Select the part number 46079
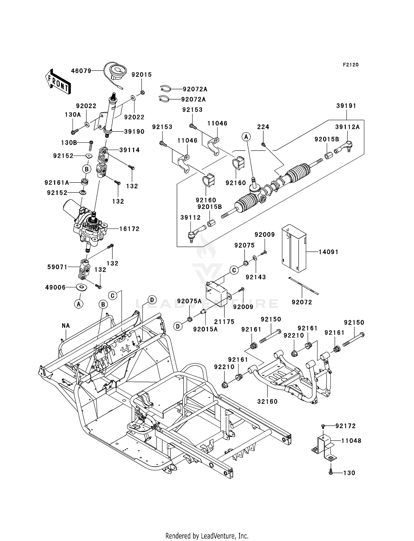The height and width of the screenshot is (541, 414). point(81,71)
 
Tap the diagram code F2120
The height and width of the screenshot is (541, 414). point(351,65)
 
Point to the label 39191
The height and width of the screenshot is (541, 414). point(346,106)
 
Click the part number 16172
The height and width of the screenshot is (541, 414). point(129,229)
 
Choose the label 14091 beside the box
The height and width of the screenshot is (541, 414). point(328,252)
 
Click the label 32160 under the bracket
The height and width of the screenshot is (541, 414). point(267,401)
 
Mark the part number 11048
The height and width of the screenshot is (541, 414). point(351,441)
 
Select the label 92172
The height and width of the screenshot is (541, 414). point(346,426)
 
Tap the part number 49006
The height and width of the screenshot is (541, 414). point(55,287)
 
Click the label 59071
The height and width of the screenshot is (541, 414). point(57,267)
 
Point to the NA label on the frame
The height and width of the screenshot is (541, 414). point(66,326)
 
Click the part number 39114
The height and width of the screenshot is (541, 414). point(129,150)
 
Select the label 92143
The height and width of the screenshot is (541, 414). point(256,277)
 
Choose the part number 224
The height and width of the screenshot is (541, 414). point(263,127)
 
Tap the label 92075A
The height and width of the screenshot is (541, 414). point(189,301)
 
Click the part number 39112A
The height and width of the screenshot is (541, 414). point(347,127)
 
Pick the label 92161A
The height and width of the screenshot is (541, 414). point(57,183)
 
